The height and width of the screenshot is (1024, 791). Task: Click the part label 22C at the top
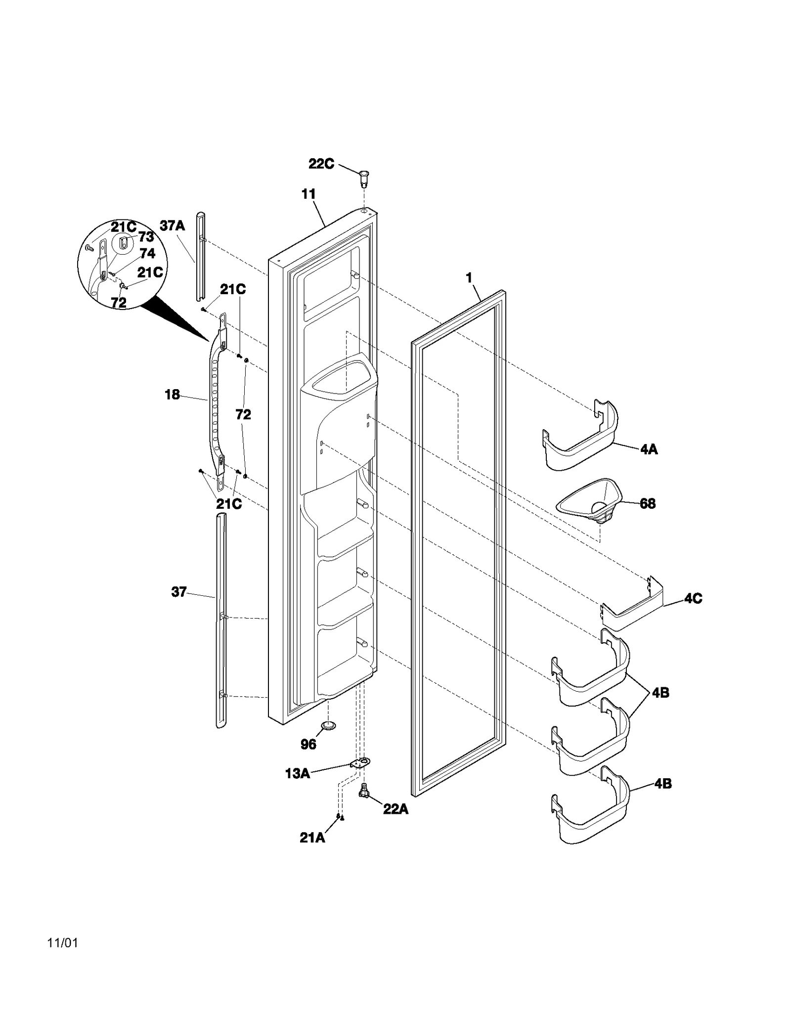click(x=321, y=164)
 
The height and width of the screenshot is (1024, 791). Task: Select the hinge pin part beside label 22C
click(x=364, y=178)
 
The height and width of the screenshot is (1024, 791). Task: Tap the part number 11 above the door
click(x=308, y=194)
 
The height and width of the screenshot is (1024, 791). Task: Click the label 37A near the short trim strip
click(x=172, y=226)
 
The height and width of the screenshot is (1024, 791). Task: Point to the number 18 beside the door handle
click(x=172, y=395)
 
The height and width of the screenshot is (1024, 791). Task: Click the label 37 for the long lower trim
click(x=179, y=592)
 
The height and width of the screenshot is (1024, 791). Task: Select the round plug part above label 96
click(x=327, y=725)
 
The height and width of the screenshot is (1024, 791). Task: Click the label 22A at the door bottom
click(x=395, y=809)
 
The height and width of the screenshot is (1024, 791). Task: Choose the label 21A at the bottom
click(x=312, y=838)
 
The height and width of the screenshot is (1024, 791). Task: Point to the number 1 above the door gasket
click(x=469, y=278)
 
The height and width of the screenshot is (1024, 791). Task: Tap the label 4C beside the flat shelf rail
click(x=693, y=599)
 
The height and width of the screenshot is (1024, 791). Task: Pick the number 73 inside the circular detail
click(x=146, y=237)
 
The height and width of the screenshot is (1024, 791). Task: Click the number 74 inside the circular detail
click(x=147, y=254)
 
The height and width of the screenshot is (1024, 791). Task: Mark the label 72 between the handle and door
click(x=243, y=414)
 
